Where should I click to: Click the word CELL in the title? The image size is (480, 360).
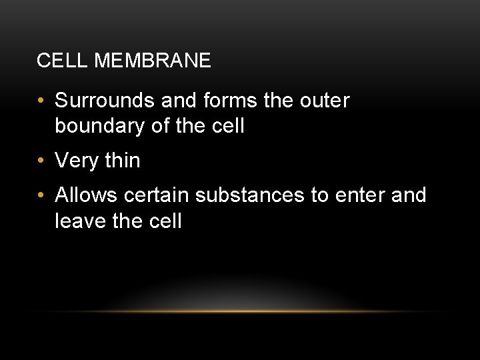click(x=55, y=61)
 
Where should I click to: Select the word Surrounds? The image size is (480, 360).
click(x=107, y=101)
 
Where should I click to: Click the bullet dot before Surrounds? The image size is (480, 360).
click(x=42, y=102)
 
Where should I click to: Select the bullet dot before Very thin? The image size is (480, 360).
click(x=42, y=161)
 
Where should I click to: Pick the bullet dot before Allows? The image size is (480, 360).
click(x=42, y=197)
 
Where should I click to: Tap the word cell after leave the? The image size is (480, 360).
click(x=164, y=219)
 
